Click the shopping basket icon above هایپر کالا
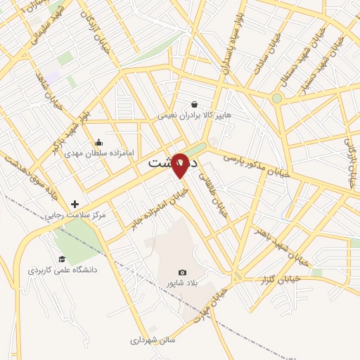194,105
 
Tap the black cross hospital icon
75,204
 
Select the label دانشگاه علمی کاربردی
63,269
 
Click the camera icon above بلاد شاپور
183,273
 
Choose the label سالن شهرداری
152,340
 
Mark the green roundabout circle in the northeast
277,98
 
